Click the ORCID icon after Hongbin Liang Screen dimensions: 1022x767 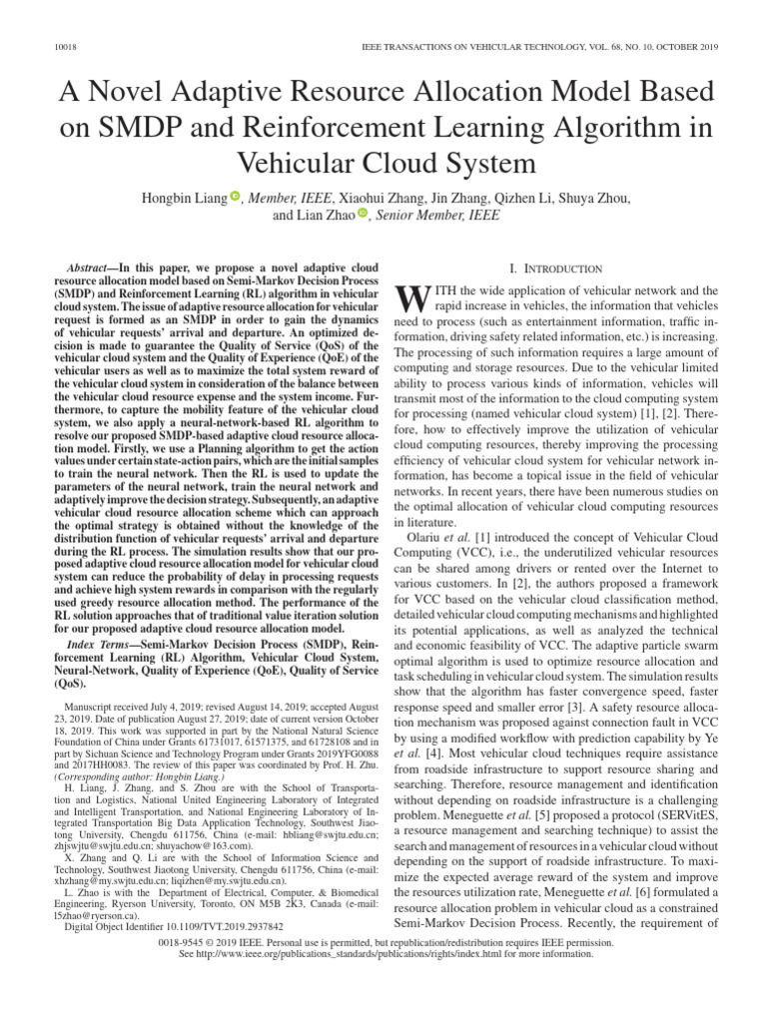pos(236,197)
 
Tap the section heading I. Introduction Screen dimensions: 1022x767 pos(555,268)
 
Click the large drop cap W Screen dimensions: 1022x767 pos(412,298)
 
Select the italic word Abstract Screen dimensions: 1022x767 pos(87,269)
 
